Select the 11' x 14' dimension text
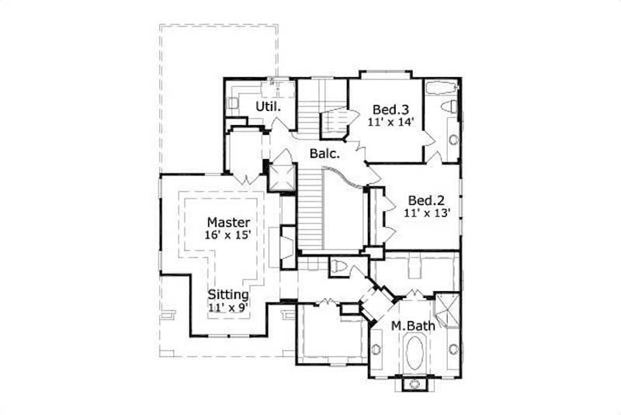[x=394, y=121]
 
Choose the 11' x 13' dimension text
[x=426, y=210]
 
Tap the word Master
[x=228, y=222]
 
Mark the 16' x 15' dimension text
[x=228, y=236]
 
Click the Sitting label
[x=228, y=295]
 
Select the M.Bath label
[x=411, y=325]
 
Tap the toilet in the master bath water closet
[x=338, y=268]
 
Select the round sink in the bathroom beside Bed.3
[x=453, y=140]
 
